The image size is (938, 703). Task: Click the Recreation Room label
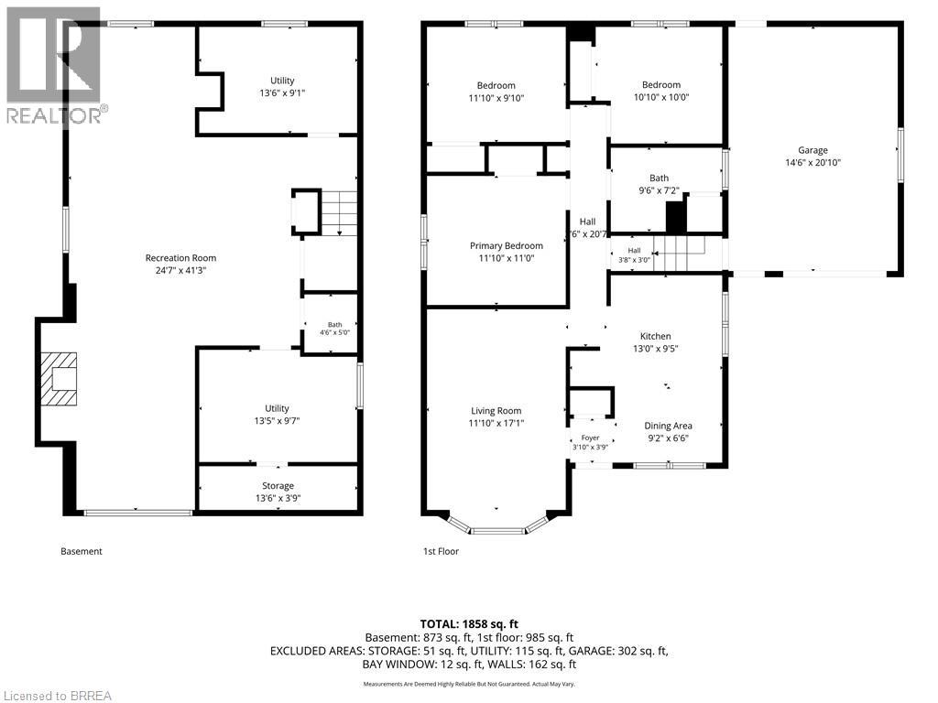tap(180, 257)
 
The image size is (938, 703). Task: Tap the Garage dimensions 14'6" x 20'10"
tap(813, 163)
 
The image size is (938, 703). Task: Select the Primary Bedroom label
tap(506, 245)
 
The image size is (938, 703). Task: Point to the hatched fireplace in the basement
tap(59, 378)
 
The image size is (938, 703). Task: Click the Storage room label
tap(278, 486)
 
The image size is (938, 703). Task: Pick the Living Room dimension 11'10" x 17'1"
tap(496, 423)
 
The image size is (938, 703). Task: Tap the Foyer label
tap(591, 438)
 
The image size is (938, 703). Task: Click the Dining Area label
tap(668, 426)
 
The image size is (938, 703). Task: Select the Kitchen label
tap(656, 336)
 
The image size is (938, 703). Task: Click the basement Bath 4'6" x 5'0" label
tap(335, 329)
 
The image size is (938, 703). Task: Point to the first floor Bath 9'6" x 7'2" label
tap(660, 184)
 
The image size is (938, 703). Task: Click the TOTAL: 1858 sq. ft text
tap(469, 624)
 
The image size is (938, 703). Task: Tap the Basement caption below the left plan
tap(82, 551)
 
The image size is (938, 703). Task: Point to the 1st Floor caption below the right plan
tap(441, 551)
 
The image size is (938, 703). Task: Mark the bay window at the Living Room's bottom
tap(496, 525)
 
